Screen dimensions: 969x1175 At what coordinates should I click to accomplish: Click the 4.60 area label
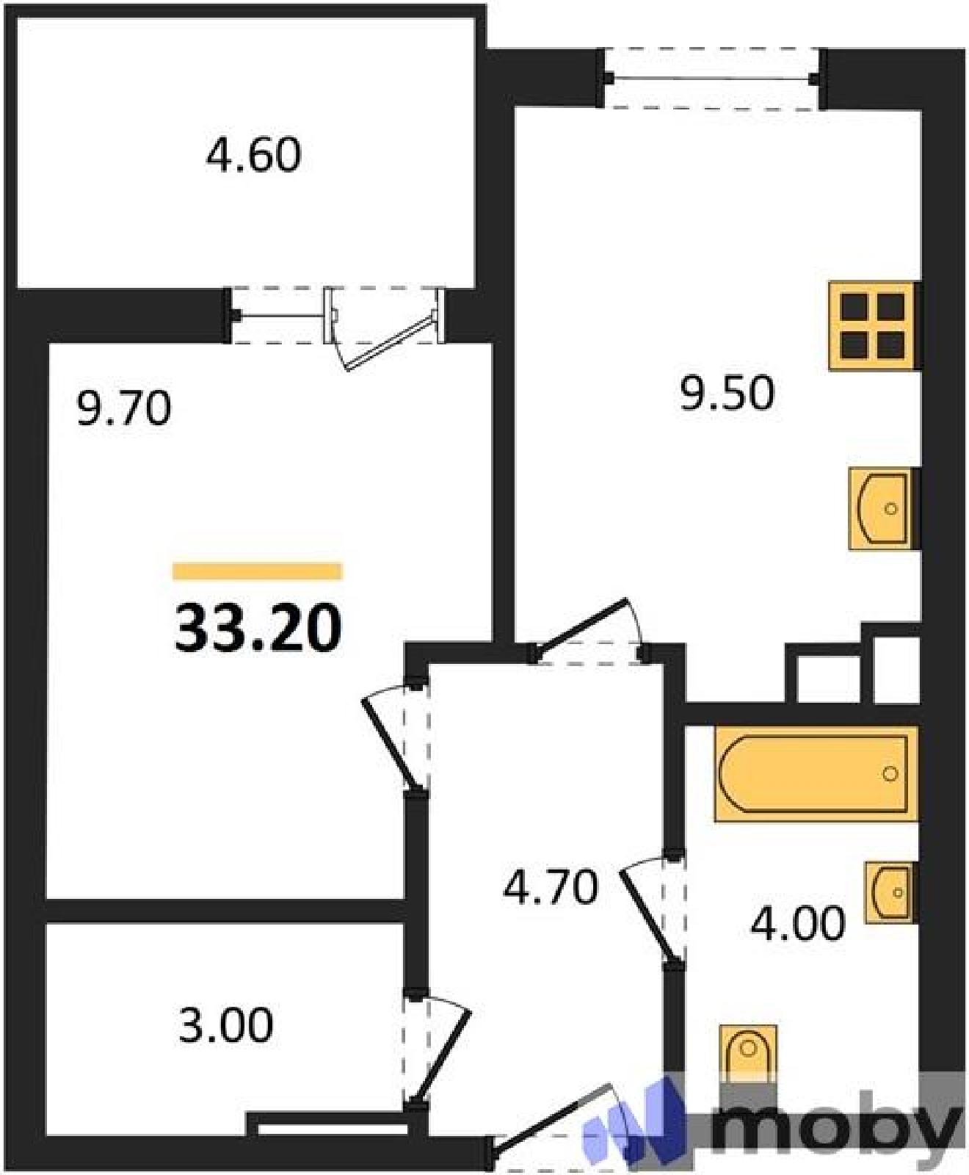(253, 156)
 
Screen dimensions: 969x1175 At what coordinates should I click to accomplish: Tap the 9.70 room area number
(124, 408)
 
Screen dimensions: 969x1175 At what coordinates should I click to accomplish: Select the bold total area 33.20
(258, 628)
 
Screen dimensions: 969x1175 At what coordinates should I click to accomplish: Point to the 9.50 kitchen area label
(727, 393)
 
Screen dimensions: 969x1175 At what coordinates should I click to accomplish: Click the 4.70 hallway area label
(551, 887)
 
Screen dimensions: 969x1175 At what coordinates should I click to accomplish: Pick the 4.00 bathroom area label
(797, 923)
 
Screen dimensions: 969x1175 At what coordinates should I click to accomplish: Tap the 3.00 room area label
(226, 1025)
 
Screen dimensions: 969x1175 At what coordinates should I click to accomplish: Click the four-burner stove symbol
(874, 326)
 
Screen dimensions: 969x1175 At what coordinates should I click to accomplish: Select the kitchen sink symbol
(884, 508)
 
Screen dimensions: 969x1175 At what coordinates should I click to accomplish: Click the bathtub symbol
(816, 774)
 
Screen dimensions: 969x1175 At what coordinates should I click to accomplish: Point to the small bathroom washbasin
(891, 892)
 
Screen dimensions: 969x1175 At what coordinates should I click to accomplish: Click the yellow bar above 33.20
(258, 571)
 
